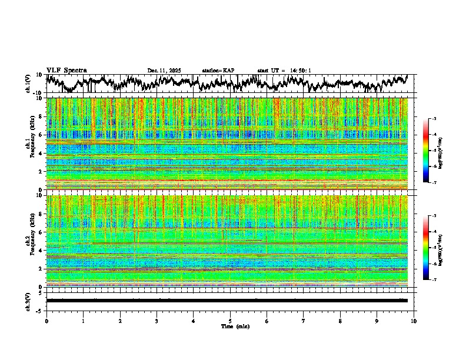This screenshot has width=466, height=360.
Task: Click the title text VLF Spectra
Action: click(66, 70)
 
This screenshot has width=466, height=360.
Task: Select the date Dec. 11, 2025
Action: click(164, 71)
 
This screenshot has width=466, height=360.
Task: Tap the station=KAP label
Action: click(218, 71)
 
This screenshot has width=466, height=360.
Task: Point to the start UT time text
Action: click(284, 71)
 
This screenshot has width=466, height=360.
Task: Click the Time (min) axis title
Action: click(230, 326)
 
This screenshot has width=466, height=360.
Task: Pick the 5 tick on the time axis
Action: click(230, 321)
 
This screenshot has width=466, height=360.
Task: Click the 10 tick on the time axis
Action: click(414, 321)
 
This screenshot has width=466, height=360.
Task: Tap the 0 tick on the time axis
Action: click(46, 321)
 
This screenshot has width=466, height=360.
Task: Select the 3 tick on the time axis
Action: click(157, 321)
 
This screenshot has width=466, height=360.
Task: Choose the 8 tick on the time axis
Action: click(340, 321)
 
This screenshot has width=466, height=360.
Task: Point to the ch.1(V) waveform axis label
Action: click(28, 84)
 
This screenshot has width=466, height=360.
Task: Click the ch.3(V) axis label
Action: click(28, 301)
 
